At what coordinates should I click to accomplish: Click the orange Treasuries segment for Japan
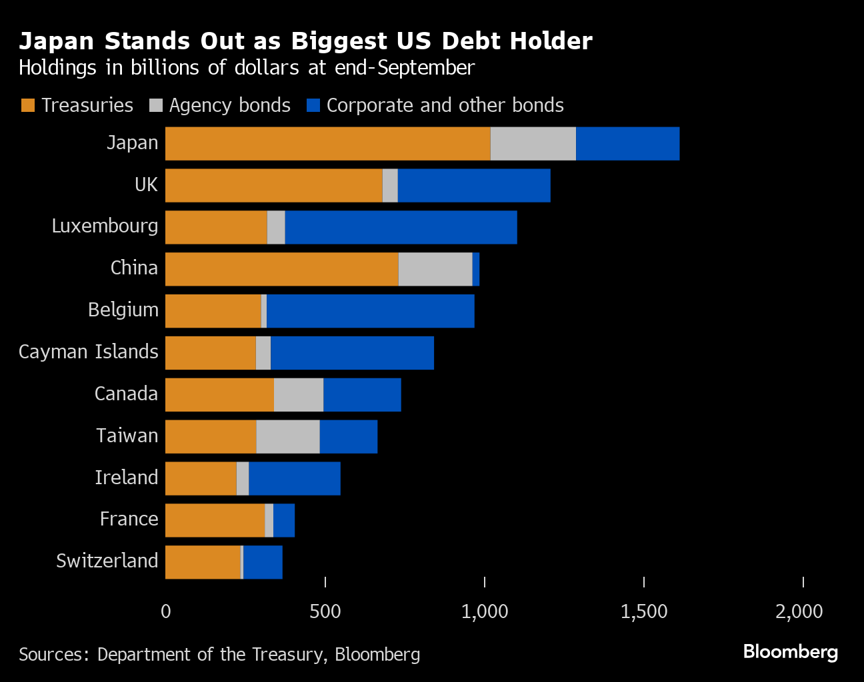click(x=327, y=144)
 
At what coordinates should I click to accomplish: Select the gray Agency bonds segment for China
click(x=435, y=269)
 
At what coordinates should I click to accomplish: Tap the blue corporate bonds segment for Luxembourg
click(x=401, y=228)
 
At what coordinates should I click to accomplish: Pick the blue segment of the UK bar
click(x=474, y=186)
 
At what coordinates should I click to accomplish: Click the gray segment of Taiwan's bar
click(x=288, y=437)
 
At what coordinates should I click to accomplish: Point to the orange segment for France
click(x=215, y=520)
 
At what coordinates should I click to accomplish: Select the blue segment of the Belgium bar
click(x=371, y=311)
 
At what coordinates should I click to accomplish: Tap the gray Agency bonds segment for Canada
click(x=299, y=395)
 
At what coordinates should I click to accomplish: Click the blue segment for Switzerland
click(x=263, y=562)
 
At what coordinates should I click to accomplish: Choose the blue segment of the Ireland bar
click(x=295, y=478)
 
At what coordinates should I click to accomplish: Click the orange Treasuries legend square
click(x=28, y=105)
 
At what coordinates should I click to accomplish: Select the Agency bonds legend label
click(x=229, y=105)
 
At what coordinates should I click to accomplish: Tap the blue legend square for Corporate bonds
click(x=313, y=105)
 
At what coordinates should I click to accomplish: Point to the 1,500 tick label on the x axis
click(x=643, y=611)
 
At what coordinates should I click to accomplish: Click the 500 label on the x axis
click(x=325, y=611)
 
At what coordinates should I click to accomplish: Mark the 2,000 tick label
click(x=799, y=611)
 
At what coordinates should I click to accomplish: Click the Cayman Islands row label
click(x=89, y=352)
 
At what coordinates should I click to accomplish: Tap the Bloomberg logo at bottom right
click(x=790, y=651)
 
